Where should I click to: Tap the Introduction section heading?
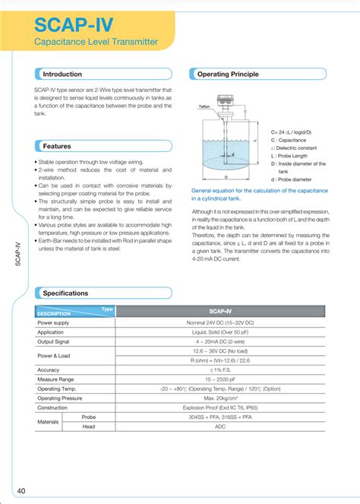(62, 74)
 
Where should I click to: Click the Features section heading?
(57, 145)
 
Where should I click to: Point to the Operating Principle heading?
(228, 74)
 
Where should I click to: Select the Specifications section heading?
(65, 293)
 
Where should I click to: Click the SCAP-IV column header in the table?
(220, 311)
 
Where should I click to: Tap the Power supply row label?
(53, 322)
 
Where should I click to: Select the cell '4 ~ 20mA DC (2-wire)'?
(220, 341)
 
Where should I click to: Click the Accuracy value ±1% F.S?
(220, 369)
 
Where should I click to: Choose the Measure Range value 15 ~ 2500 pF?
(220, 379)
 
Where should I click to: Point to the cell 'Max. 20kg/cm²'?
(220, 398)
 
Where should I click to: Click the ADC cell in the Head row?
(220, 426)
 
